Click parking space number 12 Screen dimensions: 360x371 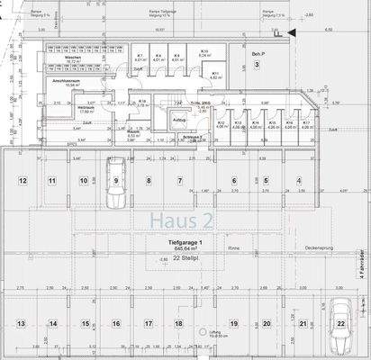point(22,181)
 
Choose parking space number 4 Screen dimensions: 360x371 point(298,181)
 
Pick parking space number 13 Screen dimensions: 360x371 point(21,323)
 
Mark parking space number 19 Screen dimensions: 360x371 point(233,323)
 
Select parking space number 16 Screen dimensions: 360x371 point(113,323)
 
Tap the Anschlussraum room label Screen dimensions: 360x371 point(68,81)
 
